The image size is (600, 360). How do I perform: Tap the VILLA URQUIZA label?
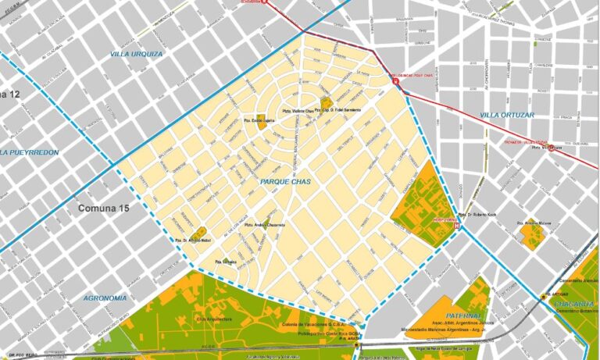click(137, 54)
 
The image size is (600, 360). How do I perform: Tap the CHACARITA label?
click(574, 303)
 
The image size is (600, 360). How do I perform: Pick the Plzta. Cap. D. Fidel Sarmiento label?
click(341, 109)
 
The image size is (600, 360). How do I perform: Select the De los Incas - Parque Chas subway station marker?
click(396, 80)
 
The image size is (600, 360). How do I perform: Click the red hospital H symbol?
click(459, 226)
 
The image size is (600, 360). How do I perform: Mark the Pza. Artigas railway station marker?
click(543, 295)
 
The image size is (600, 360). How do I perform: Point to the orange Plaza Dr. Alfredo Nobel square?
click(200, 233)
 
